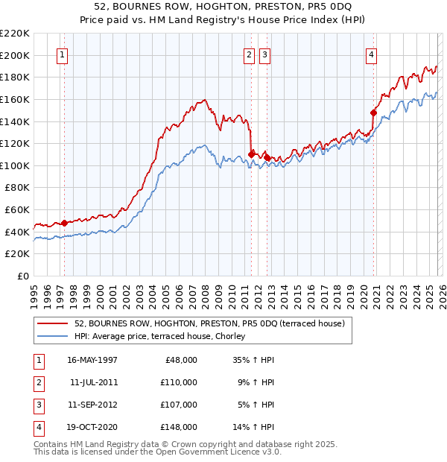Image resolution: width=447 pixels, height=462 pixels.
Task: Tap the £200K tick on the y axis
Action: [15, 55]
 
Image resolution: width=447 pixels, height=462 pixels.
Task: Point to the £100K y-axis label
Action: [15, 165]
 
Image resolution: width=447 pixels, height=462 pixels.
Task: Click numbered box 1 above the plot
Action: [62, 54]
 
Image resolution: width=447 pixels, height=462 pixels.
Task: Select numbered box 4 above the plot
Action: [371, 54]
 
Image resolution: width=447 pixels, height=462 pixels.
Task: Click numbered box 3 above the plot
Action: [265, 54]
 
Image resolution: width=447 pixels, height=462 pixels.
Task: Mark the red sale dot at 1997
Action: [64, 223]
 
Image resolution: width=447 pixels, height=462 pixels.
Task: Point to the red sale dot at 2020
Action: [373, 113]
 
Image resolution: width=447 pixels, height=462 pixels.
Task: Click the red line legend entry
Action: [209, 324]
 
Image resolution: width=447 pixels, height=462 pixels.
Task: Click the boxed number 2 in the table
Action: [38, 382]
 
